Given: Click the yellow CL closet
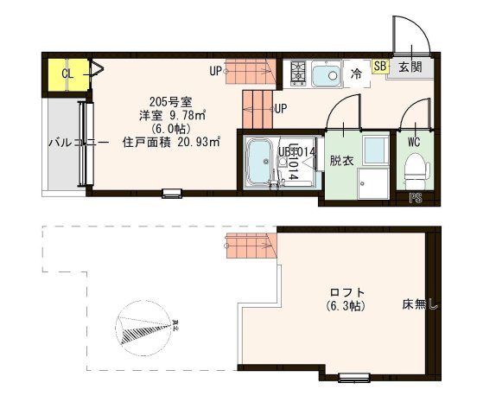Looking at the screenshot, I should tap(66, 73).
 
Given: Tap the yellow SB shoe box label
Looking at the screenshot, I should tap(380, 66).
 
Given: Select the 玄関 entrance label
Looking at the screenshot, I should tap(410, 67).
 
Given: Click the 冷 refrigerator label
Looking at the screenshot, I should tap(357, 75).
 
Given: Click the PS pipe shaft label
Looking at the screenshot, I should tap(416, 197).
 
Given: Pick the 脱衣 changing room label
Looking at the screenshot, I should tap(342, 162).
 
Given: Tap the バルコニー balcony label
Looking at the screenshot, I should tap(77, 143).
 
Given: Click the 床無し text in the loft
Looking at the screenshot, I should tap(420, 304).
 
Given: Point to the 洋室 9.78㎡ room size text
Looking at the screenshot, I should tap(173, 114).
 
